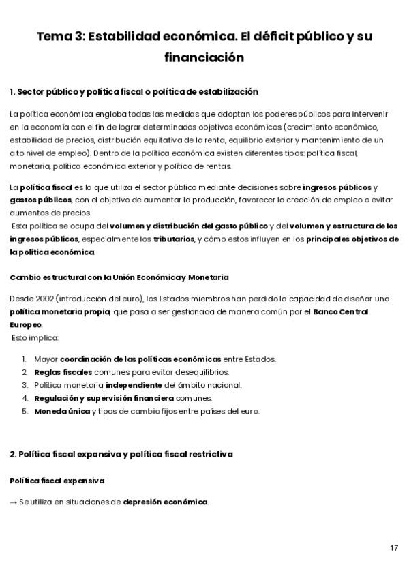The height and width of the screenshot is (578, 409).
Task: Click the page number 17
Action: click(394, 547)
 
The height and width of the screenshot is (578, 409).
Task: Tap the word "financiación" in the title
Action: click(204, 58)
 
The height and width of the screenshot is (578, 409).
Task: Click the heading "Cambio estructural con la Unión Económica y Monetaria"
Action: click(119, 277)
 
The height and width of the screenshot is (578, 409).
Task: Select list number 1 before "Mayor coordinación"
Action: click(24, 359)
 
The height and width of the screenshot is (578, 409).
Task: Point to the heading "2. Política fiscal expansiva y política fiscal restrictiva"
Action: click(121, 453)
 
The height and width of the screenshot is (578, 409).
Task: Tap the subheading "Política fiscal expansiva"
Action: click(57, 481)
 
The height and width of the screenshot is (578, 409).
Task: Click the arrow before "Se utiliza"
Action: click(14, 502)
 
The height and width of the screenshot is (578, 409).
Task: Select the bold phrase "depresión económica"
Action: click(166, 502)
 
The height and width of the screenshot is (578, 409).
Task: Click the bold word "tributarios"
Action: click(173, 239)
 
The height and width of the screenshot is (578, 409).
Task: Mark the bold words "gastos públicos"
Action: click(41, 200)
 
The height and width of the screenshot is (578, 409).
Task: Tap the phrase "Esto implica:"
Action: click(35, 337)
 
